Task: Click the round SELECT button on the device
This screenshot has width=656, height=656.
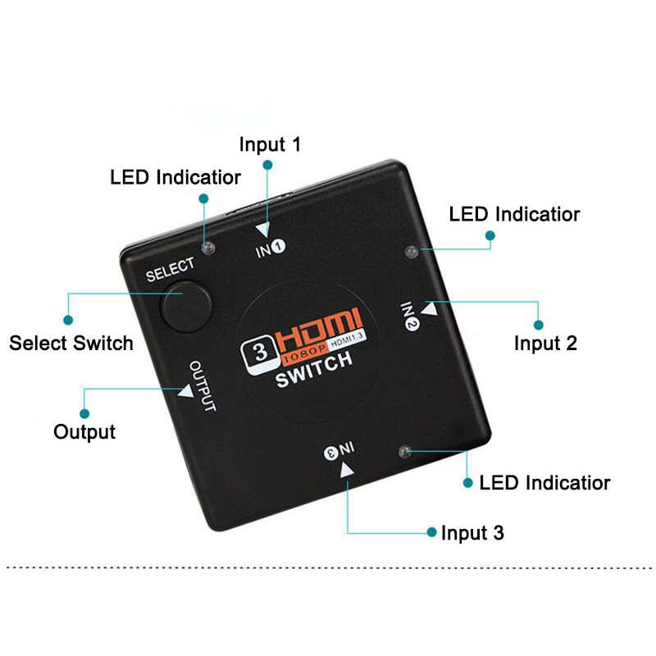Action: coord(185,306)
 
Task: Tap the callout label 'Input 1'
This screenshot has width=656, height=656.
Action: coord(270,144)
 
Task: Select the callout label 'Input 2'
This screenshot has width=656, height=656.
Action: coord(545,344)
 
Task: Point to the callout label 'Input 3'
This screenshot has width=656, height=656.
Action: coord(472,533)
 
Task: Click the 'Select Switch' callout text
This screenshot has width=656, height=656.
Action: coord(71,343)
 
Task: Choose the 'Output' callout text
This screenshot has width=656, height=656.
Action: coord(84,432)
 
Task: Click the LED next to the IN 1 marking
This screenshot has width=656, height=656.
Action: coord(208,248)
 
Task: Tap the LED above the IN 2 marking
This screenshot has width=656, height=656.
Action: coord(412,252)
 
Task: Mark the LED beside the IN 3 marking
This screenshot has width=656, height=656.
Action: coord(404,452)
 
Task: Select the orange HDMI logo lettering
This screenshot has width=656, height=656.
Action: coord(317,330)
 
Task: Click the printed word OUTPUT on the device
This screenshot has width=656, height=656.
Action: coord(203,385)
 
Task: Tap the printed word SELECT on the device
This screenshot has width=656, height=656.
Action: coord(171,269)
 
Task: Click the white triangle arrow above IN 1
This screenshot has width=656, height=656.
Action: coord(263,230)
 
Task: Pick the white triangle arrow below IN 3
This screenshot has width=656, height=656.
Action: coord(346,470)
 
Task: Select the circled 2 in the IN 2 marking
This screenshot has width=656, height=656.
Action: coord(412,324)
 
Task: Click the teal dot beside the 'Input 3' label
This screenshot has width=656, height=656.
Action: coord(431,532)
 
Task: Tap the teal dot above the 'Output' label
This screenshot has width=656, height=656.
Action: coord(84,414)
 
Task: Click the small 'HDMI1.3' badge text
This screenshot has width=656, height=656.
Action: coord(346,339)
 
